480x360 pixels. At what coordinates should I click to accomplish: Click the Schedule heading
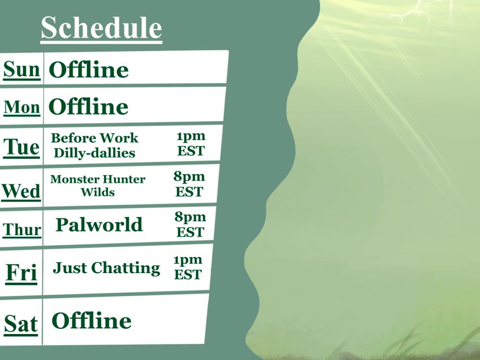(101, 28)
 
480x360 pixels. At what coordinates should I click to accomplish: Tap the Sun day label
(22, 70)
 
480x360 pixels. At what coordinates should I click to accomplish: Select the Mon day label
(22, 108)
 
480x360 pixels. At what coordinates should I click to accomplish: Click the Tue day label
(22, 147)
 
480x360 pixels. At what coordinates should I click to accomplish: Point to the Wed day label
(21, 192)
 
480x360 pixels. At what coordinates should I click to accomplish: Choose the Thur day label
(22, 229)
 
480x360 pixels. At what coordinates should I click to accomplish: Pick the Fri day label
(22, 273)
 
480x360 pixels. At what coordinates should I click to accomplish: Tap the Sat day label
(21, 324)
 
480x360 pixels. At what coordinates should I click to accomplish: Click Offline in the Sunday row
(89, 70)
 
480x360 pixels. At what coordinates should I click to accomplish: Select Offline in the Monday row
(88, 106)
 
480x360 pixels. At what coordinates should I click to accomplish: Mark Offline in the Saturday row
(92, 321)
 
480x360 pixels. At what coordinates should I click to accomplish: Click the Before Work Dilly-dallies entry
(95, 145)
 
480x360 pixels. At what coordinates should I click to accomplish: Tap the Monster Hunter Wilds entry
(97, 185)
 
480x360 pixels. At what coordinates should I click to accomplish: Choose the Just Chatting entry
(106, 268)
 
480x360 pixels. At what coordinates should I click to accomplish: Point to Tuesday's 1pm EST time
(191, 144)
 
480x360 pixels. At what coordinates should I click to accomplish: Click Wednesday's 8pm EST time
(189, 184)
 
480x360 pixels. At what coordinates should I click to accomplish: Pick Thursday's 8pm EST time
(191, 224)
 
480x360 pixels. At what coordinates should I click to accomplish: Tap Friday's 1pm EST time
(188, 267)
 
